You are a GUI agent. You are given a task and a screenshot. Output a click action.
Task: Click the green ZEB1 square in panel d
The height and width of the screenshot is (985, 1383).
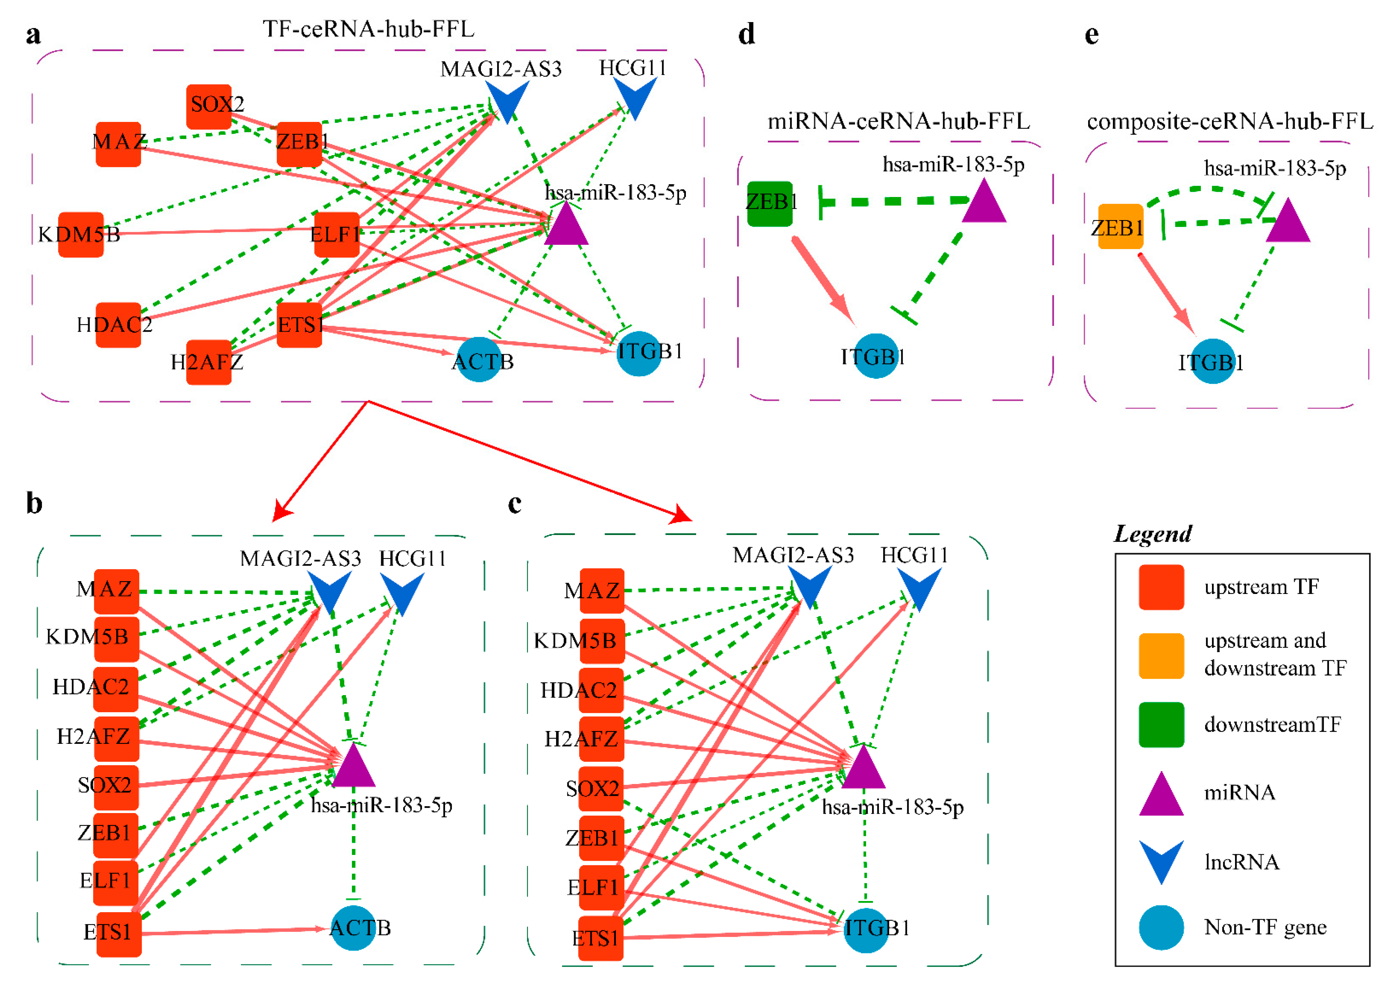pos(769,204)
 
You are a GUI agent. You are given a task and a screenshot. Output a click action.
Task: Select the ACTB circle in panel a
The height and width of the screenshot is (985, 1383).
pos(479,360)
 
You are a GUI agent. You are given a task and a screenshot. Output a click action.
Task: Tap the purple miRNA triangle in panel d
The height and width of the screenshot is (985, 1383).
pos(984,202)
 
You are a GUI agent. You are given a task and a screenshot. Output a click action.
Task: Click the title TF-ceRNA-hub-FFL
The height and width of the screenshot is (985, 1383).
pos(368,29)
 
